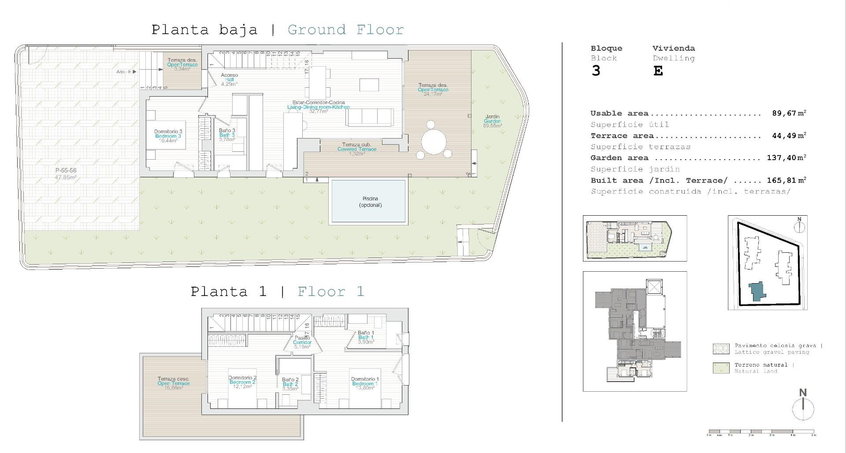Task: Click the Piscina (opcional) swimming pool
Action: (368, 201)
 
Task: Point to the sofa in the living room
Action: (370, 117)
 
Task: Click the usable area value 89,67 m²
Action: (789, 113)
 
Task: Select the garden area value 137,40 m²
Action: (786, 157)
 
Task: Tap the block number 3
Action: (596, 71)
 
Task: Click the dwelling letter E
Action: (658, 71)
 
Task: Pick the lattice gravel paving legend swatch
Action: (721, 349)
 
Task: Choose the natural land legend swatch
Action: (721, 368)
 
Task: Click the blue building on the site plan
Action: (757, 292)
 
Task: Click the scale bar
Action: (761, 432)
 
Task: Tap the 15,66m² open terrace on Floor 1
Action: (174, 383)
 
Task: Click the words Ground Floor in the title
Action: (345, 30)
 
